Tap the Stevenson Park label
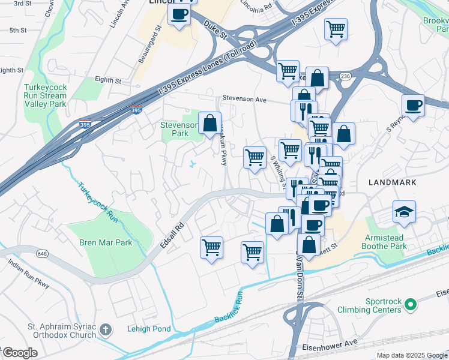[x=179, y=129]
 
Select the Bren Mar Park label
[x=106, y=243]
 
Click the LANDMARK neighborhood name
[x=391, y=182]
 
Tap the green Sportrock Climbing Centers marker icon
[x=411, y=305]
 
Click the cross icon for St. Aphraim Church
[x=106, y=329]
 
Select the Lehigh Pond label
[x=149, y=329]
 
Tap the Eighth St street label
[x=108, y=80]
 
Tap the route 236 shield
[x=344, y=76]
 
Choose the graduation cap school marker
[x=404, y=211]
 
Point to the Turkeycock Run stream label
[x=97, y=203]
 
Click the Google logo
[x=19, y=353]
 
